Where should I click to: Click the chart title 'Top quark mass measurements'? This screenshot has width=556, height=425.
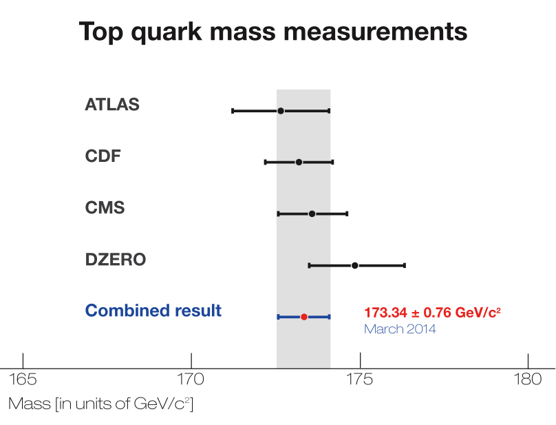point(273,32)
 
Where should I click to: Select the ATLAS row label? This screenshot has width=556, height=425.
point(112,105)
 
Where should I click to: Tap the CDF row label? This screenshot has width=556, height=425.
point(103,156)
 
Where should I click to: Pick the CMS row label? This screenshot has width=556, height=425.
point(105,207)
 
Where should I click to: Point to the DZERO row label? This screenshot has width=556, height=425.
point(116,260)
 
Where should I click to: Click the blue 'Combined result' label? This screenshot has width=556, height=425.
point(153,311)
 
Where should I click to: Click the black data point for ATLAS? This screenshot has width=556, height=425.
point(281,111)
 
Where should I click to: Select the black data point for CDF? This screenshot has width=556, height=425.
point(299,162)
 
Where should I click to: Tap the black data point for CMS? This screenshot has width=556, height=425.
point(312,214)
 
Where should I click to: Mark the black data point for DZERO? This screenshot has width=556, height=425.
point(355,265)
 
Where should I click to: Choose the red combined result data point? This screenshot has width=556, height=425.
point(304,317)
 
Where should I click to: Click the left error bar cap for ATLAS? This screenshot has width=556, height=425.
point(233,111)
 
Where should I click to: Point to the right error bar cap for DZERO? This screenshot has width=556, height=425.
point(405,265)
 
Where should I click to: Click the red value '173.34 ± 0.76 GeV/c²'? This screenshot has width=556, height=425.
point(432,313)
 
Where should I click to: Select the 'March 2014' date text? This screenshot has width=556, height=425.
point(400,329)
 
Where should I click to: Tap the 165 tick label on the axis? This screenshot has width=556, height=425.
point(23,380)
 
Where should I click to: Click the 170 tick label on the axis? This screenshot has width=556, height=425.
point(191,380)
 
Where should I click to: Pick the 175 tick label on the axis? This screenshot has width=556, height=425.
point(359,380)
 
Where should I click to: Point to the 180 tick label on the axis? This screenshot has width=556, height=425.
point(528,380)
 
